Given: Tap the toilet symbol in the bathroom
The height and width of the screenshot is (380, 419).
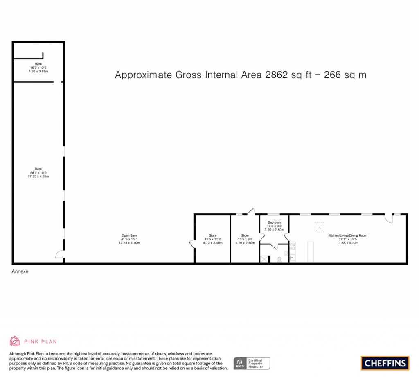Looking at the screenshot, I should tap(279, 259).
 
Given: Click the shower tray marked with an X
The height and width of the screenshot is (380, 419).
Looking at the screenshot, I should tap(264, 259).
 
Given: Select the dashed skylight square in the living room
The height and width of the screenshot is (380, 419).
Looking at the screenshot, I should tap(319, 226).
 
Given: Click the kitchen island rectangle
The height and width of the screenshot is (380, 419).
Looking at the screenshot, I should tap(310, 252).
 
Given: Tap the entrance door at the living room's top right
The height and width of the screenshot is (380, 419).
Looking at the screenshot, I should tap(390, 219).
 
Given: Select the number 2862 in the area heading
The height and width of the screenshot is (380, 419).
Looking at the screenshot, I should tap(277, 75).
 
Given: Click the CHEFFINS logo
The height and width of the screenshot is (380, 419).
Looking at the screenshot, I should tap(385, 363).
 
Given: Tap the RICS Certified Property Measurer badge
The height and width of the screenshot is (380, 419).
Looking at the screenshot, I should tap(251, 363).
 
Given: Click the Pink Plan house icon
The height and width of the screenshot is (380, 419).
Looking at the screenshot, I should tap(15, 341).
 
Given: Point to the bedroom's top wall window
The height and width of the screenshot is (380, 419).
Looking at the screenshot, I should tap(274, 214).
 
